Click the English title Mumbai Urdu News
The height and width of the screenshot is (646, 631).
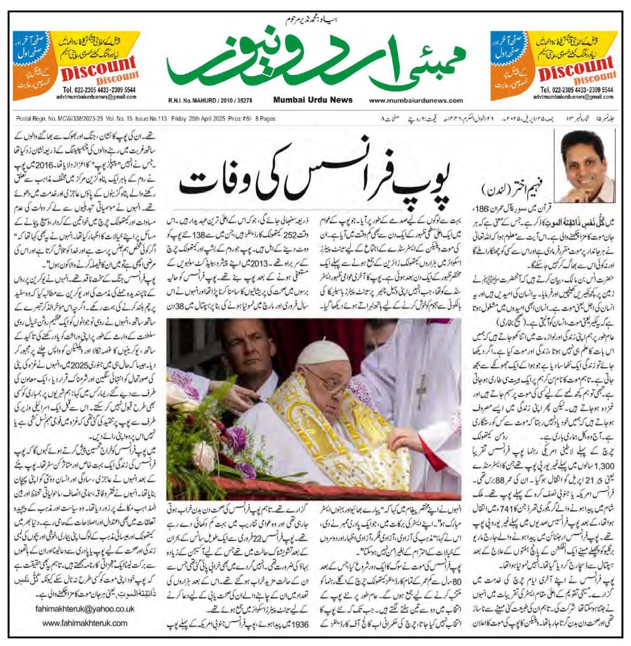pos(313,100)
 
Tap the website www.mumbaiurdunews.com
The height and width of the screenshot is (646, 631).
pos(416,100)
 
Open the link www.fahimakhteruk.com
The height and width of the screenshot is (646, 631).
pos(84,623)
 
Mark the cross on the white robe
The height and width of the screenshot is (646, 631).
pos(421,388)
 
